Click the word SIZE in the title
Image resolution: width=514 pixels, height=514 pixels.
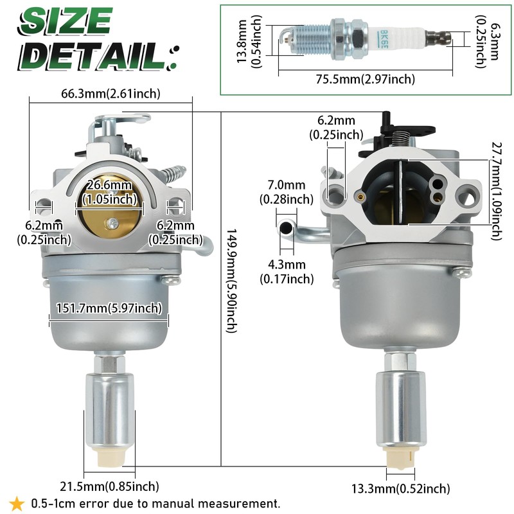[65, 21]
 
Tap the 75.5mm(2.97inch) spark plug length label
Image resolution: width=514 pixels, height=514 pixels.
[365, 79]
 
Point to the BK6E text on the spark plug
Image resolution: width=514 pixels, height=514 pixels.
[382, 40]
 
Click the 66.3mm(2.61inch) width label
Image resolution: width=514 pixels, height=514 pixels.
[111, 94]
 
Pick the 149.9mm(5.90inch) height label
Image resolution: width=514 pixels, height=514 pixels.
[231, 281]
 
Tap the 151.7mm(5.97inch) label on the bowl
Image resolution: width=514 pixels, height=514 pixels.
[109, 308]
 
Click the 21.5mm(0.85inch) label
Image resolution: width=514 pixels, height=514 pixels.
[109, 486]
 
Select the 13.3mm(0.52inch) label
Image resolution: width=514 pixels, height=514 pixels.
[400, 489]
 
